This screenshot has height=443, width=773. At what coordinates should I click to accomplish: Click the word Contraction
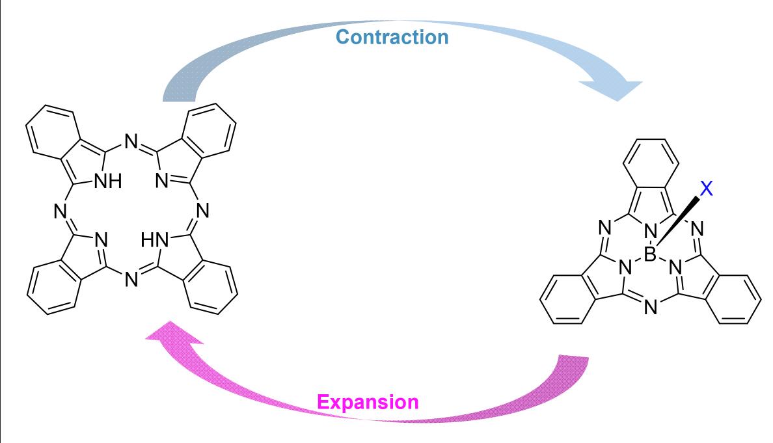pyautogui.click(x=392, y=36)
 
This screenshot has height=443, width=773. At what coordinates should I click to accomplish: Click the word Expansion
pyautogui.click(x=368, y=401)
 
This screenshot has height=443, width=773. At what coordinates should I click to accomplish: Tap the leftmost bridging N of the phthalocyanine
pyautogui.click(x=59, y=211)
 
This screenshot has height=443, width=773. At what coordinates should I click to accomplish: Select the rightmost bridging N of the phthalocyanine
pyautogui.click(x=202, y=211)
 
